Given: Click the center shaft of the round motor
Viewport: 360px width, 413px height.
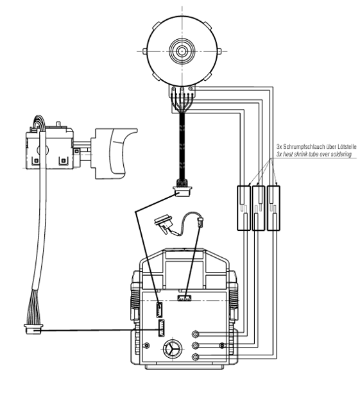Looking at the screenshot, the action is point(182,51).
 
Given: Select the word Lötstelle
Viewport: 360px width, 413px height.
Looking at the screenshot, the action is point(347,146).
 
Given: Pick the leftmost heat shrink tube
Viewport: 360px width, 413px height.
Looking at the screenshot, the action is point(244,208).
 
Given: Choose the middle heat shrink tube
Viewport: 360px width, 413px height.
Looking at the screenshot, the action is point(259,208).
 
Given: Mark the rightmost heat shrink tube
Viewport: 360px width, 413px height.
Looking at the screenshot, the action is point(273,208).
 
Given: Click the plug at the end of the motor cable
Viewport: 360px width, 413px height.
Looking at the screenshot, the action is point(182,190).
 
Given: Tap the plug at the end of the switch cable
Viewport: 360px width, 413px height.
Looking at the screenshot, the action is point(33,329).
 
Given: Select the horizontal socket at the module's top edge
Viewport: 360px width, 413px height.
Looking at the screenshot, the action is point(184,298).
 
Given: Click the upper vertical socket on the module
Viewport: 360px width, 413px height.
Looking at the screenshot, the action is point(160,310).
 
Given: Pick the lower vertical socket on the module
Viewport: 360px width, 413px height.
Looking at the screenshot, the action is point(161,328).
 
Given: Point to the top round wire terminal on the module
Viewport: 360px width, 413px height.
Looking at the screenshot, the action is point(195,334).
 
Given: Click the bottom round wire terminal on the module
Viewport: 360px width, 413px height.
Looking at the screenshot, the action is point(195,357).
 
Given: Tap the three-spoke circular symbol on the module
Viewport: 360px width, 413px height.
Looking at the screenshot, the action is point(173,348).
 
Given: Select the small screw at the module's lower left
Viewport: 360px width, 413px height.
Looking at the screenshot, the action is point(147,345).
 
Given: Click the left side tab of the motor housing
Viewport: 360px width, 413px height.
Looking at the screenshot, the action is point(144,51).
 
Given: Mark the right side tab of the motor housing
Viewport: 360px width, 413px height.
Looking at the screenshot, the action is point(219,51).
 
